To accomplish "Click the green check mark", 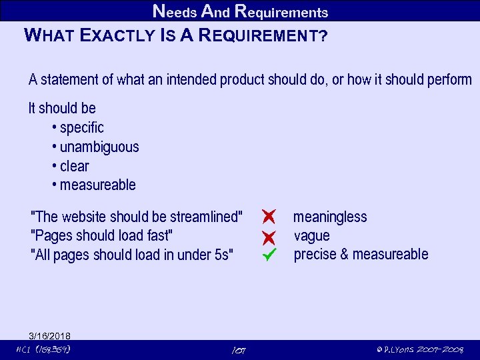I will click(269, 254).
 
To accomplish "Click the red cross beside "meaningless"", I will click(269, 216).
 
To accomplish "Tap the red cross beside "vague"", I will click(269, 236).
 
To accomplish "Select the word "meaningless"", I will click(330, 217).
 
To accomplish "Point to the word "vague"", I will click(311, 235).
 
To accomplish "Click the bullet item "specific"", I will click(81, 127).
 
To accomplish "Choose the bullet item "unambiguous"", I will click(99, 147).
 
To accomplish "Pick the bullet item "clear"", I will click(74, 166).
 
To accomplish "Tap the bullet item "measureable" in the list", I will click(97, 185).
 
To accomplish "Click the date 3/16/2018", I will click(50, 335).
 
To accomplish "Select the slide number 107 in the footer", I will click(239, 350).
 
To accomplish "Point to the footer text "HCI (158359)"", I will click(43, 349).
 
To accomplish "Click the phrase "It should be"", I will click(62, 108).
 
